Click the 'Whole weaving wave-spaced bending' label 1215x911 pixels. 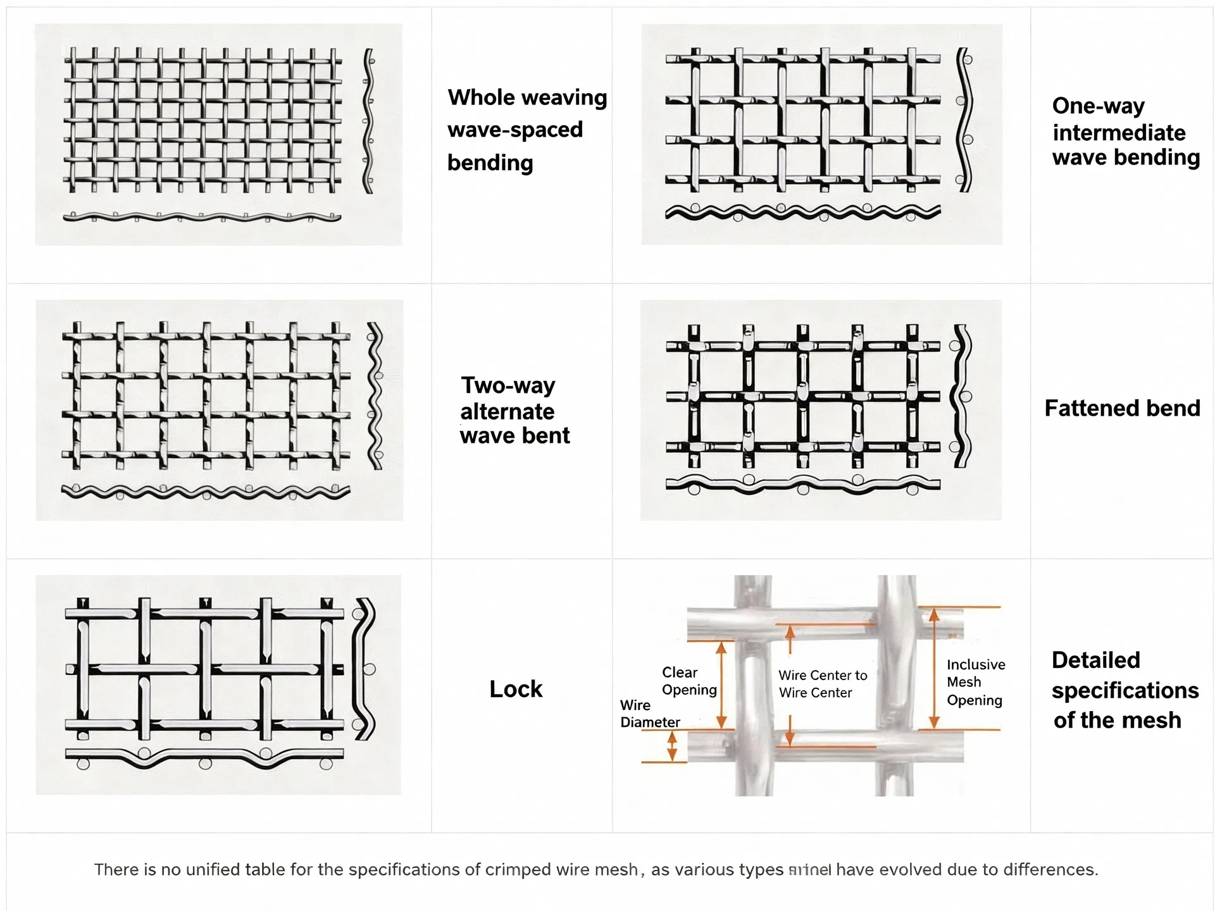tap(526, 130)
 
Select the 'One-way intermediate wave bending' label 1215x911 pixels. tap(1125, 132)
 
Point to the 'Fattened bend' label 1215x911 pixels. tap(1122, 408)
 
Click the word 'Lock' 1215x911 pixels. tap(516, 689)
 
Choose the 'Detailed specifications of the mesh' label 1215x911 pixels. tap(1125, 690)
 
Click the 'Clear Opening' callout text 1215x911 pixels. tap(688, 681)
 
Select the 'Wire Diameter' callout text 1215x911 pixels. tap(649, 714)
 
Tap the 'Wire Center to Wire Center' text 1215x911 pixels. tap(822, 684)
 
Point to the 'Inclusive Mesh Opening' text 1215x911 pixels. tap(975, 682)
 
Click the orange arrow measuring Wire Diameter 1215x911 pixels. tap(673, 746)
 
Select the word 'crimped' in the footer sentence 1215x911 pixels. tap(517, 870)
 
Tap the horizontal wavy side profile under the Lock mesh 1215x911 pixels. tap(204, 757)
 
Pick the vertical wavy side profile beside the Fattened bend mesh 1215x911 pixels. tap(963, 397)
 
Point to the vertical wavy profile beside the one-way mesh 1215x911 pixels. tap(964, 120)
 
